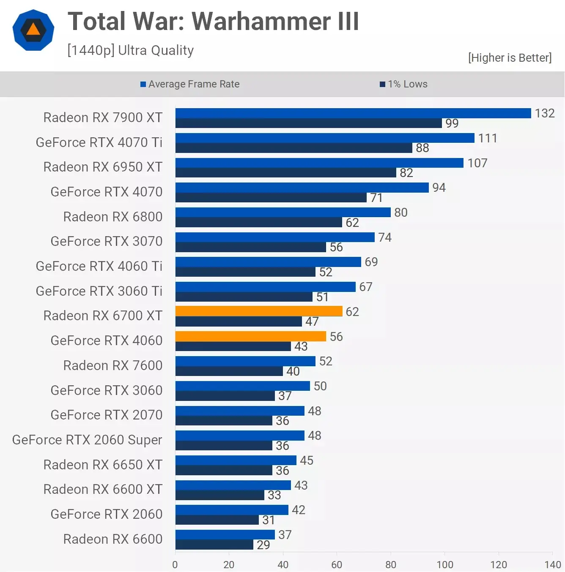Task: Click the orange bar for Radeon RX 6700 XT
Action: pyautogui.click(x=258, y=311)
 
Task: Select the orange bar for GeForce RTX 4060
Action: pyautogui.click(x=250, y=336)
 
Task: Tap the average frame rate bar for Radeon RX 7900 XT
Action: pyautogui.click(x=353, y=113)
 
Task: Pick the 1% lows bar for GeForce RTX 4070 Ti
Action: pyautogui.click(x=293, y=148)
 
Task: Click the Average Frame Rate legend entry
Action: pyautogui.click(x=190, y=84)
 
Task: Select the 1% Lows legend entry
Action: pyautogui.click(x=403, y=84)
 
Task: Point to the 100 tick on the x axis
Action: pyautogui.click(x=444, y=564)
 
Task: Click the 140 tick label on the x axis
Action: pyautogui.click(x=552, y=564)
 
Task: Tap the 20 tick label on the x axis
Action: pyautogui.click(x=229, y=564)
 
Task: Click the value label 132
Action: pyautogui.click(x=544, y=113)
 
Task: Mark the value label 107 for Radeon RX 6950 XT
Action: pyautogui.click(x=477, y=163)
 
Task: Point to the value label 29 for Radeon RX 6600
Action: pyautogui.click(x=263, y=545)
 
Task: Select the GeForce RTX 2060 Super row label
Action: pyautogui.click(x=87, y=440)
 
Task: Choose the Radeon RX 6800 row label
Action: pyautogui.click(x=112, y=217)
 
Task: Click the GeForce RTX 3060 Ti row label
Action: pyautogui.click(x=99, y=291)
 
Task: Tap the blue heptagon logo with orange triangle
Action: pyautogui.click(x=33, y=30)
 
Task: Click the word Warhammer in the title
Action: pyautogui.click(x=261, y=22)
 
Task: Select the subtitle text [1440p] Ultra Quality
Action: pyautogui.click(x=130, y=50)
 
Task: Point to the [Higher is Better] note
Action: pyautogui.click(x=510, y=58)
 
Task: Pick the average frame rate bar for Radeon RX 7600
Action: pyautogui.click(x=245, y=361)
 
